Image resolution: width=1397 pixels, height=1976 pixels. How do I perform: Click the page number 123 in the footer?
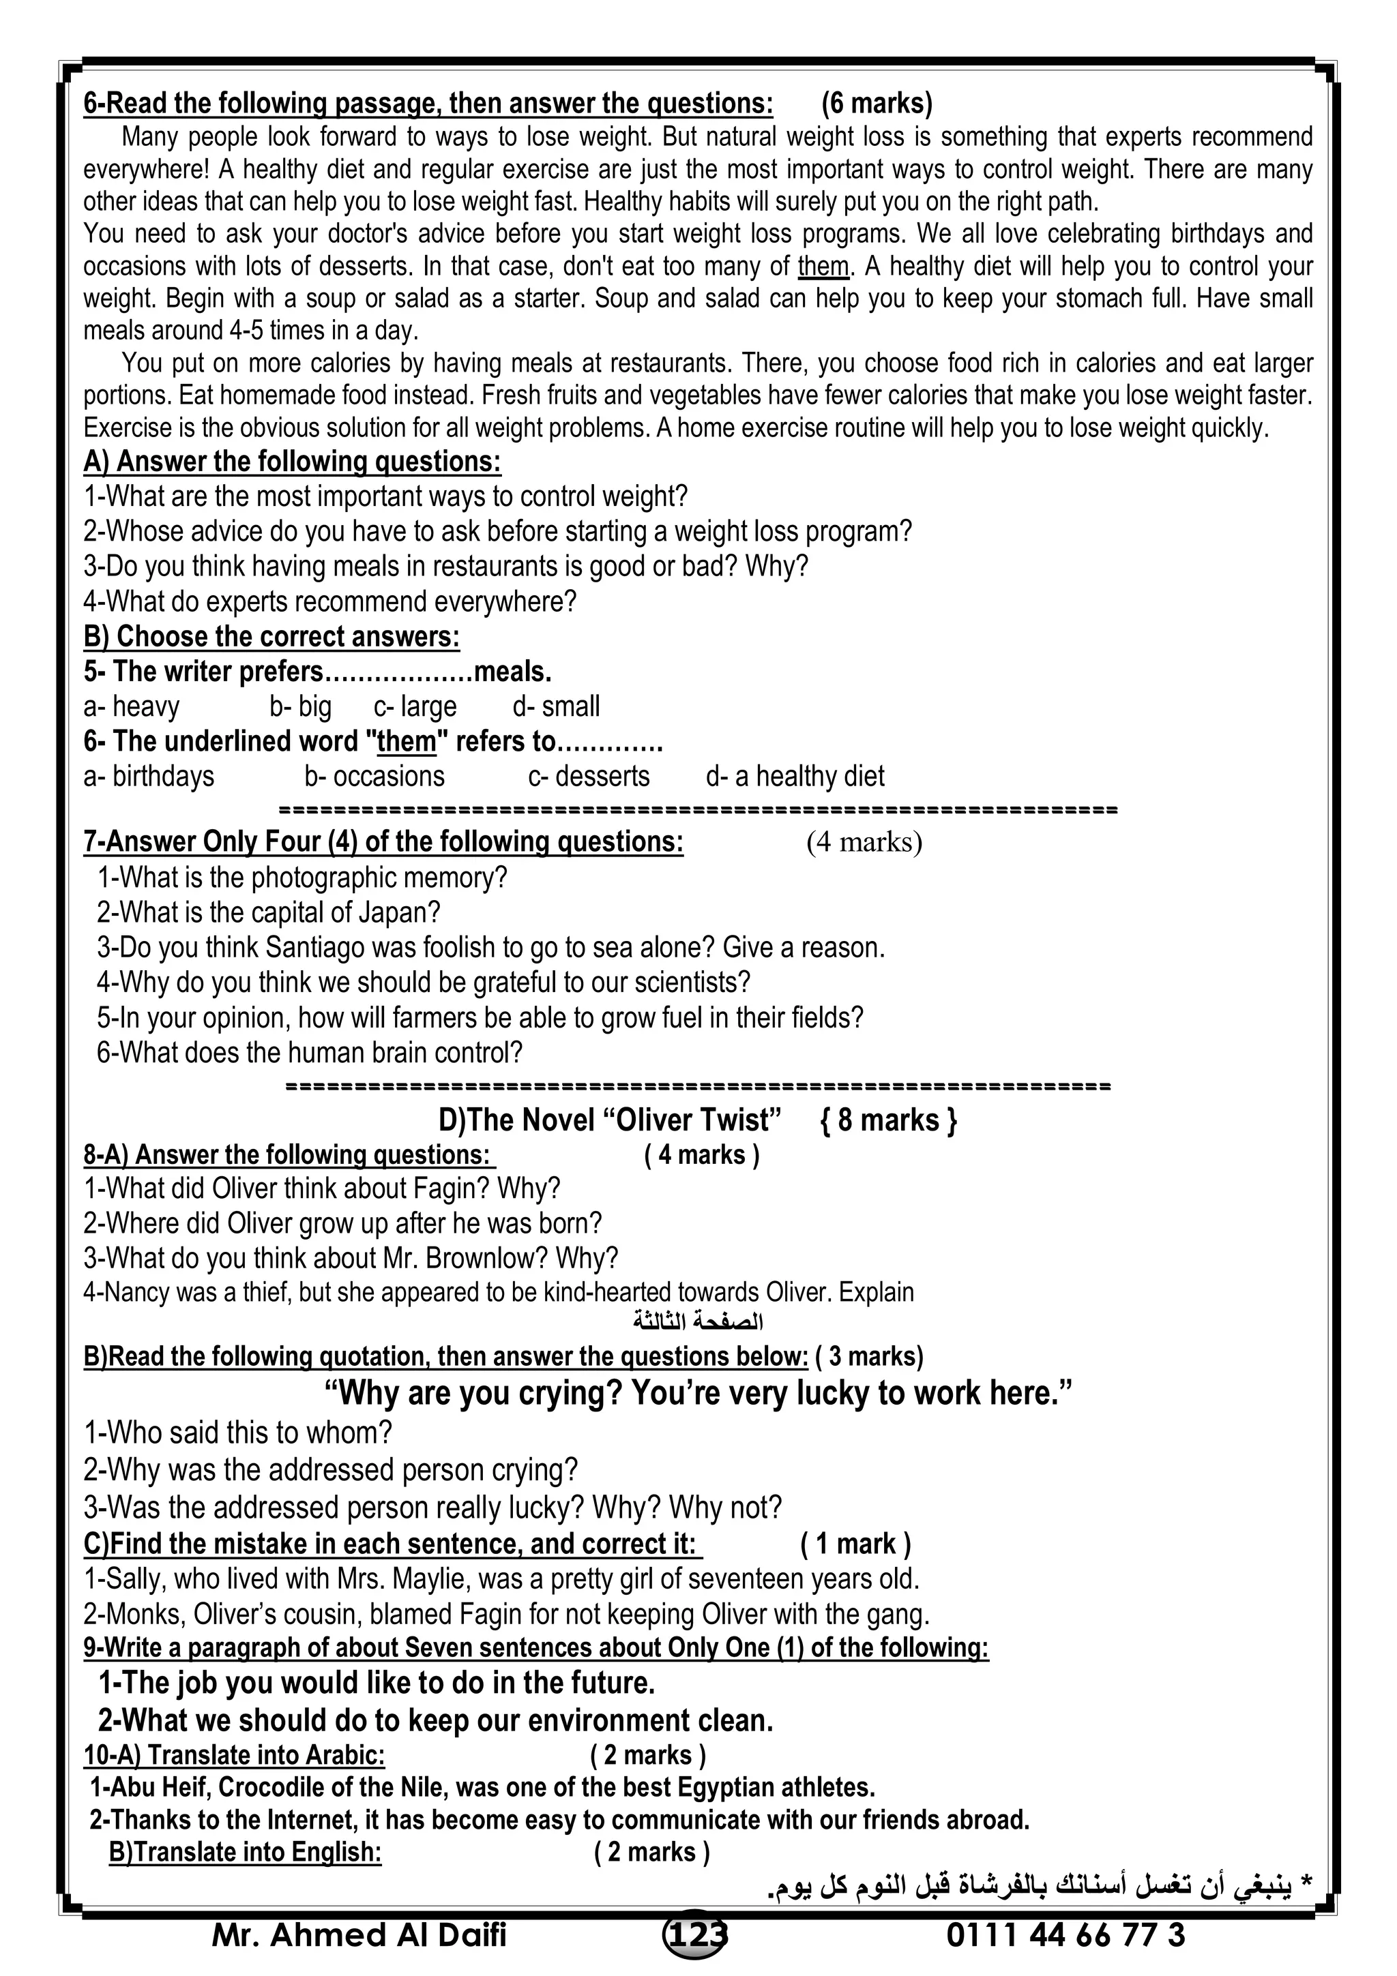tap(696, 1934)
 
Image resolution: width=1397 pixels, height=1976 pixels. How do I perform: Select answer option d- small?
tap(556, 706)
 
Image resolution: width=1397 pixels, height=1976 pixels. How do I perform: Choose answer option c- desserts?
tap(589, 776)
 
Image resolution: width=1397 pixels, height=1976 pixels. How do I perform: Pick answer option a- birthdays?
tap(149, 776)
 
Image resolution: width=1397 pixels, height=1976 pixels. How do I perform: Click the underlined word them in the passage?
tap(823, 267)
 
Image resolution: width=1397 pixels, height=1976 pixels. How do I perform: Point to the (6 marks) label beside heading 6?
tap(877, 103)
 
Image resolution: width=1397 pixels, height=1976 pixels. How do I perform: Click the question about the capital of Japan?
tap(269, 912)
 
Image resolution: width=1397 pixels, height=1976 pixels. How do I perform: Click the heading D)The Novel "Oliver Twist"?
tap(609, 1120)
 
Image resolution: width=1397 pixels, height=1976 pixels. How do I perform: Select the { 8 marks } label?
tap(888, 1120)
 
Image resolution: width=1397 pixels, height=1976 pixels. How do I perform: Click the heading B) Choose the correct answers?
tap(271, 637)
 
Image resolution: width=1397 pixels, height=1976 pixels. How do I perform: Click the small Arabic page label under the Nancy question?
tap(698, 1320)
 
